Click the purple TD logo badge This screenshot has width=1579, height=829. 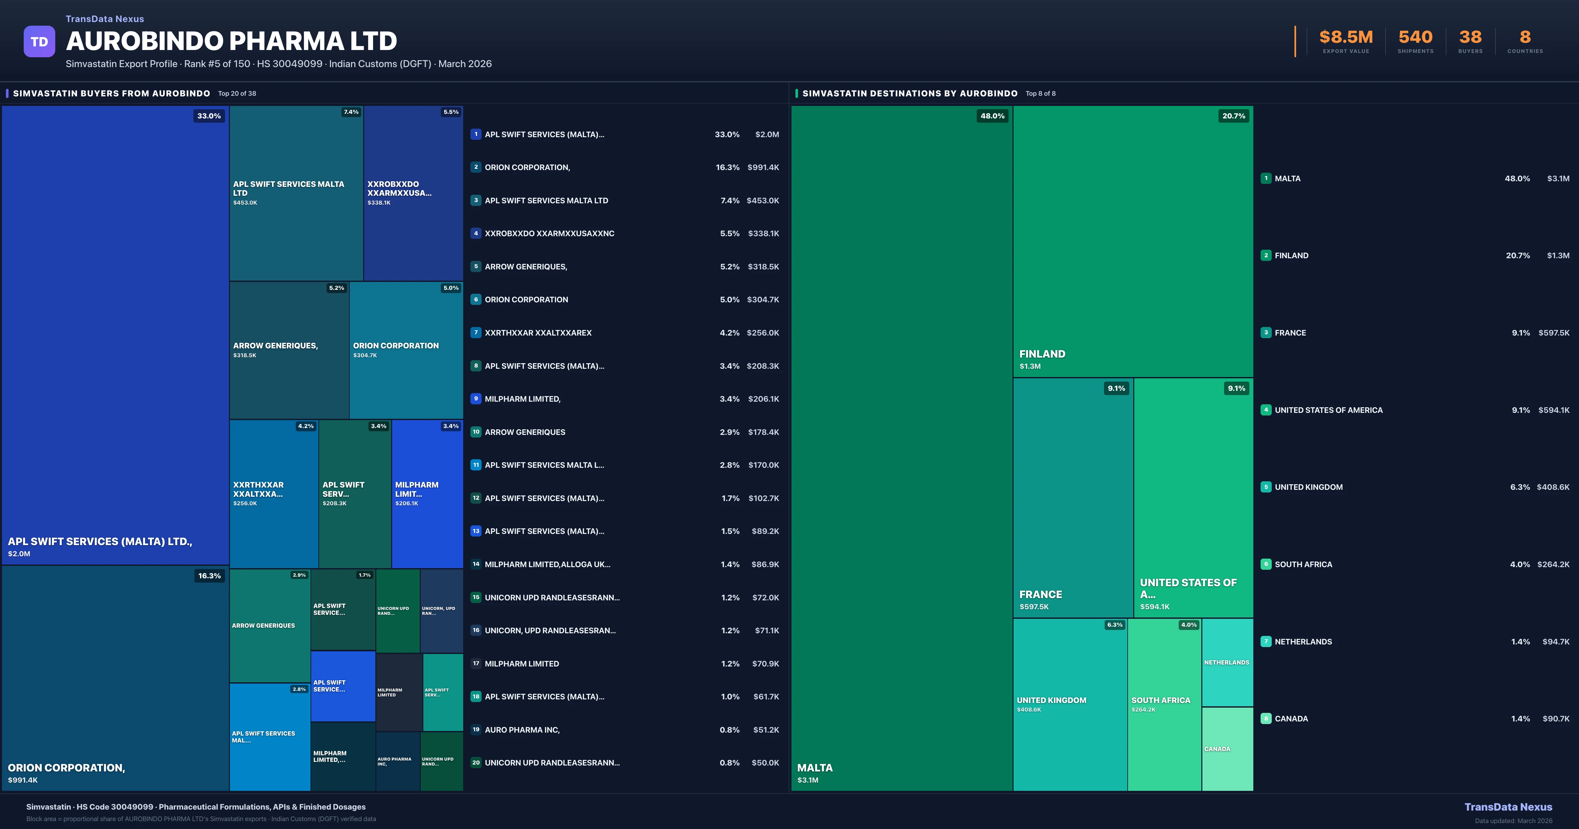pyautogui.click(x=39, y=42)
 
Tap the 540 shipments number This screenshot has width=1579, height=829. pyautogui.click(x=1415, y=38)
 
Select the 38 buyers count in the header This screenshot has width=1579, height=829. pyautogui.click(x=1470, y=38)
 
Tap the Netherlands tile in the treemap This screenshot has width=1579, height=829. pyautogui.click(x=1227, y=662)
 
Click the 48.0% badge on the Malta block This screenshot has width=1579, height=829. pyautogui.click(x=992, y=116)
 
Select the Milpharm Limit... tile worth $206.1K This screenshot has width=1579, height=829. pyautogui.click(x=427, y=493)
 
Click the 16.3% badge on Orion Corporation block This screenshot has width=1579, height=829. pyautogui.click(x=209, y=576)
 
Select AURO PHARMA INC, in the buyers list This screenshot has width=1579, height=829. pyautogui.click(x=522, y=730)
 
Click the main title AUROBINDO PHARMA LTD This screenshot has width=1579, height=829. pyautogui.click(x=231, y=41)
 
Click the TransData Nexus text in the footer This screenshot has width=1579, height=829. pyautogui.click(x=1508, y=807)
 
